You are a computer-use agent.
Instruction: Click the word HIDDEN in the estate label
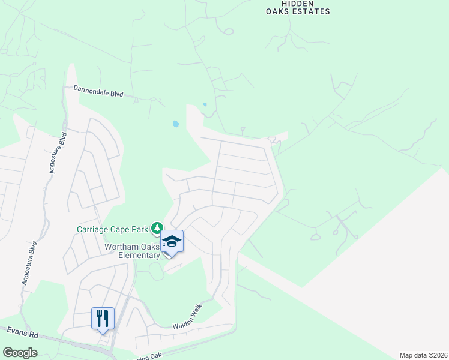[x=280, y=2]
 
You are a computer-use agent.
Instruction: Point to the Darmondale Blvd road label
[x=98, y=91]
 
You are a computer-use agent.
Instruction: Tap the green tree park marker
[x=157, y=228]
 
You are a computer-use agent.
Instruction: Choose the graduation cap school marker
[x=172, y=242]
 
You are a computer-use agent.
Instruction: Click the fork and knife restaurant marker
[x=103, y=317]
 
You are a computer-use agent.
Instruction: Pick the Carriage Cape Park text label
[x=112, y=229]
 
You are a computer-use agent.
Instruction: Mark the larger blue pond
[x=175, y=124]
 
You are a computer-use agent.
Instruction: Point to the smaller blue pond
[x=205, y=104]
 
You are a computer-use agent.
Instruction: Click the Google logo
[x=20, y=353]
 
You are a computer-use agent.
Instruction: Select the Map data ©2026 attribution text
[x=424, y=355]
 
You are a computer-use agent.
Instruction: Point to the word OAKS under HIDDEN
[x=279, y=11]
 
